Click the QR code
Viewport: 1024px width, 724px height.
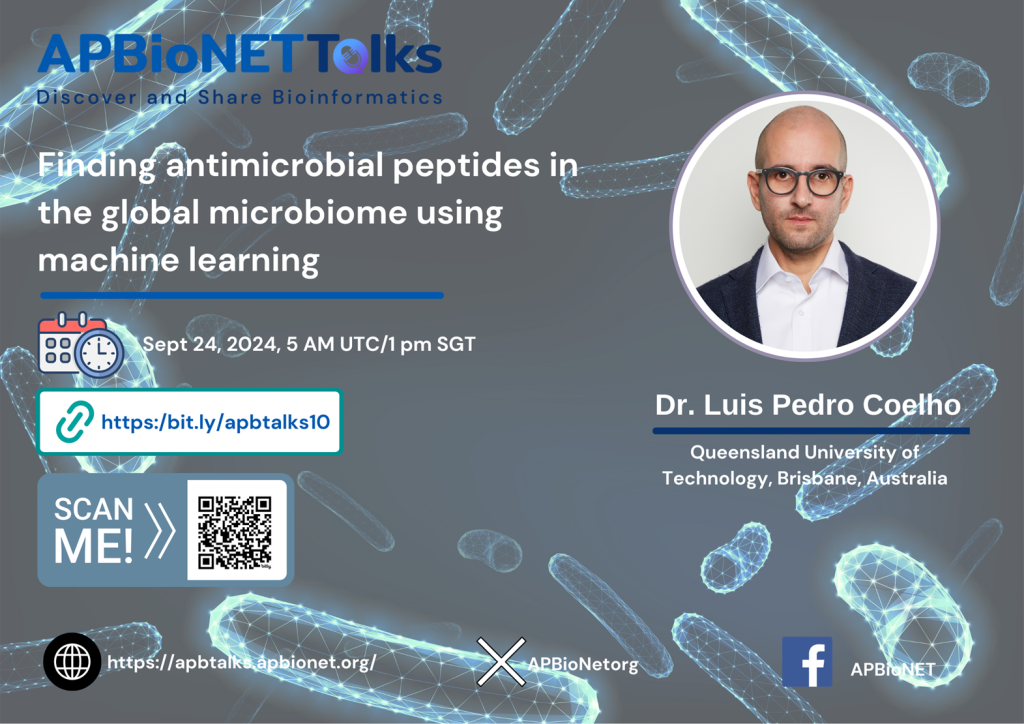pos(234,532)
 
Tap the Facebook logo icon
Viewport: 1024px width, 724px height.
pos(807,662)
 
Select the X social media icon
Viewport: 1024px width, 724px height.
pos(501,662)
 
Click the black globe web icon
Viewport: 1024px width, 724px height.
pos(72,661)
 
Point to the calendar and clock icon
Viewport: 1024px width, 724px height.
pos(81,345)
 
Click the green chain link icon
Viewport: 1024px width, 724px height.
pos(74,421)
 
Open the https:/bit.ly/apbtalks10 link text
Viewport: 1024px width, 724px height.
pos(216,422)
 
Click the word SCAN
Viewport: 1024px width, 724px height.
pos(93,509)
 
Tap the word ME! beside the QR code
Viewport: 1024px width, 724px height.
pos(93,546)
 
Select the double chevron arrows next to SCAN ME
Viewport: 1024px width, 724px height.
pos(160,530)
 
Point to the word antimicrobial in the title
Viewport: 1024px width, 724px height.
pos(274,165)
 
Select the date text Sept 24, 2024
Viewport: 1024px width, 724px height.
pos(212,345)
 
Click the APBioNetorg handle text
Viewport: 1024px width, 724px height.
pos(583,665)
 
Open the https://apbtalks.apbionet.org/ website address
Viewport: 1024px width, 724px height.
pos(242,663)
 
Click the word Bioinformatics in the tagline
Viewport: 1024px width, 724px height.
pos(357,97)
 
